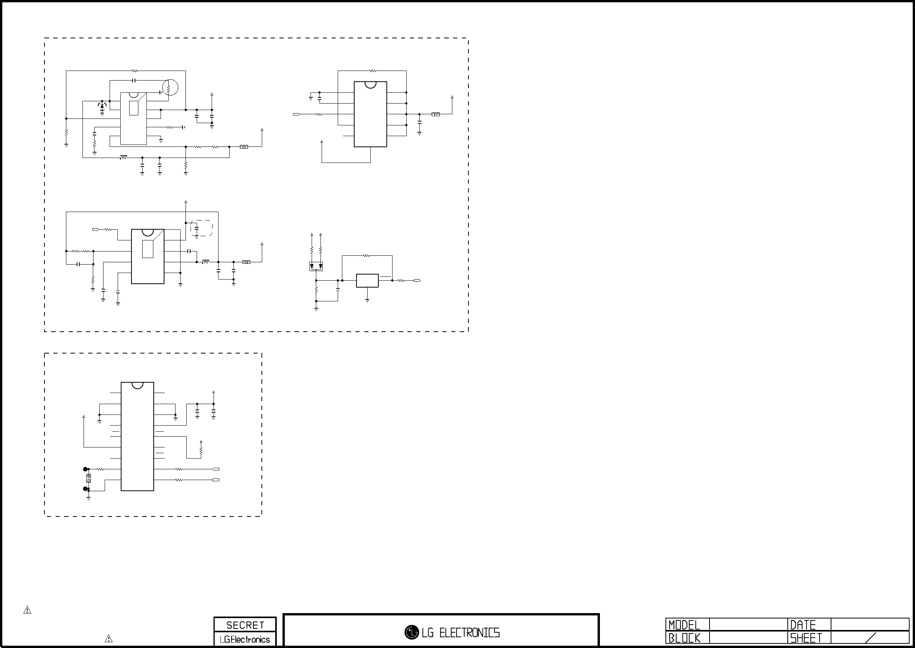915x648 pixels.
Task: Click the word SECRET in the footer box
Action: click(x=245, y=625)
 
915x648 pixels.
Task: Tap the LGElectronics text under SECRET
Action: click(x=245, y=639)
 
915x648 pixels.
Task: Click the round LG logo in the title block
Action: click(x=412, y=632)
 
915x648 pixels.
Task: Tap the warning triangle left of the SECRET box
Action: click(x=108, y=638)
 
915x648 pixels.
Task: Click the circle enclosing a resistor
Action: click(x=170, y=87)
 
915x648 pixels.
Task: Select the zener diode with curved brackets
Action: click(x=102, y=106)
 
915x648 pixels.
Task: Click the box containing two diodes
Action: click(x=316, y=266)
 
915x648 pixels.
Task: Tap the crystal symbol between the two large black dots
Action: click(x=88, y=479)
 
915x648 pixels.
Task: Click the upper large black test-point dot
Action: click(x=85, y=469)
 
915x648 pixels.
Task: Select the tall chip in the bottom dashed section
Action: click(x=137, y=436)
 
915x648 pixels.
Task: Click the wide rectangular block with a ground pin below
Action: click(x=367, y=281)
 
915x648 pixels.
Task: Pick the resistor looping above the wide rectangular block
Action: click(x=366, y=255)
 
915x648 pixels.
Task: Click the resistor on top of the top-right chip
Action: click(x=373, y=71)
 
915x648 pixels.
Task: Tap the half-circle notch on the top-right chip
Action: click(x=370, y=85)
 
